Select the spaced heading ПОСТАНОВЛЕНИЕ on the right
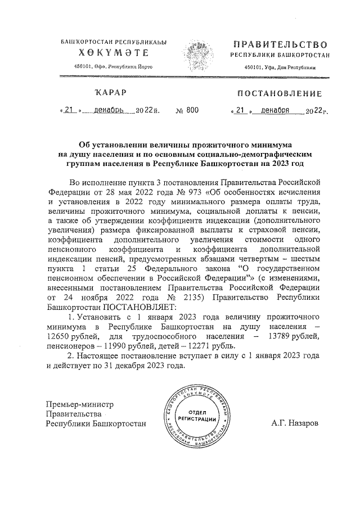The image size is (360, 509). click(x=280, y=93)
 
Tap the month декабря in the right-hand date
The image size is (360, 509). click(x=271, y=111)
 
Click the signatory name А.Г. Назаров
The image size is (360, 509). click(x=294, y=424)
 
